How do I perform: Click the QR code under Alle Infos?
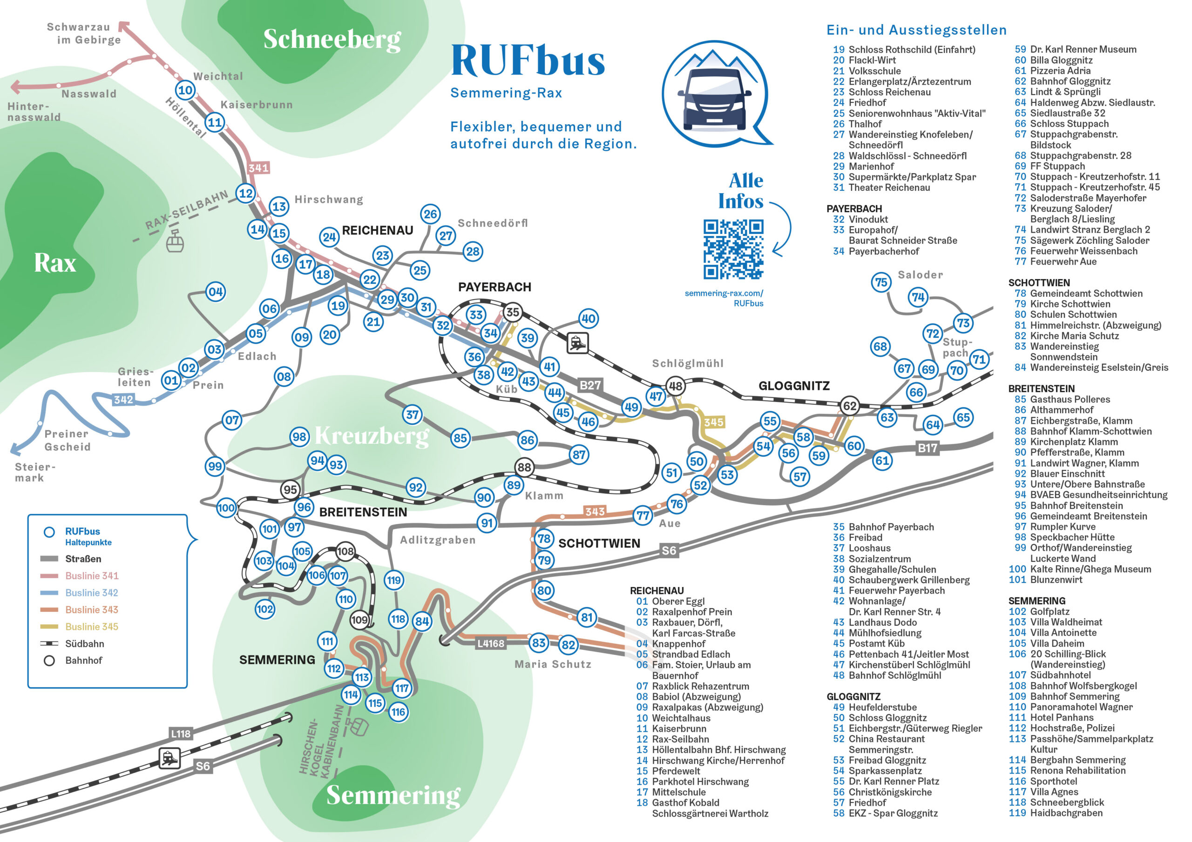[733, 249]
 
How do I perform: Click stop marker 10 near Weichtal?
[185, 90]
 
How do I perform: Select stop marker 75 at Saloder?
[881, 282]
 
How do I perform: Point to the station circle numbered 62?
[849, 406]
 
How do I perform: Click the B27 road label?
[590, 385]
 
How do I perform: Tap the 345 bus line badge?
[713, 422]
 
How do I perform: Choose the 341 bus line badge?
[258, 168]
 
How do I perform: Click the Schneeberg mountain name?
[332, 39]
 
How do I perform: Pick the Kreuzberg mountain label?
[372, 436]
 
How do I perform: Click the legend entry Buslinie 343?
[91, 609]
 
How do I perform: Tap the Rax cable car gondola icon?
[175, 241]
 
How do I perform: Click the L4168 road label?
[491, 644]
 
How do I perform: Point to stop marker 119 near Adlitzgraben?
[394, 580]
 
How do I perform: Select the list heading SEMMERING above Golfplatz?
[1037, 601]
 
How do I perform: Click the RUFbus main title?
[528, 60]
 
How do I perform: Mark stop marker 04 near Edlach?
[216, 292]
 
